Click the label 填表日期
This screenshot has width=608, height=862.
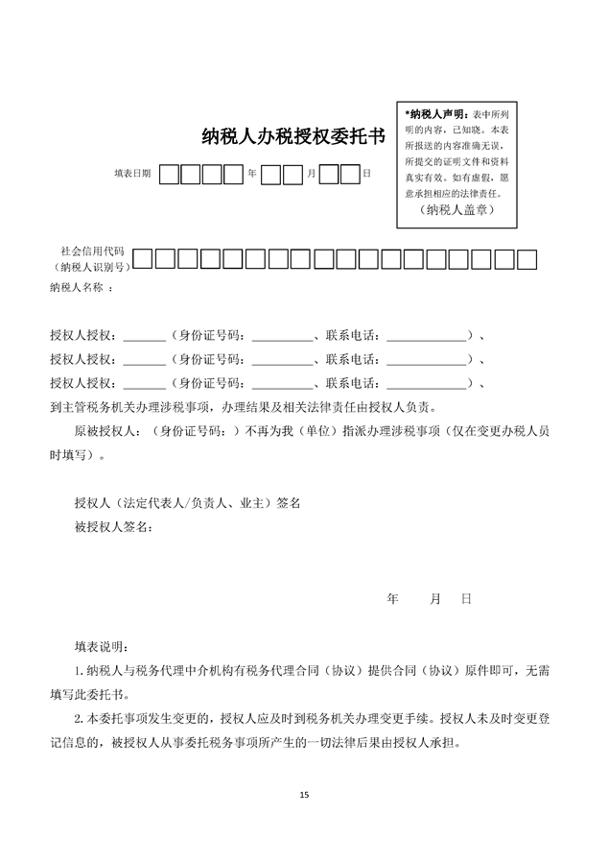[132, 174]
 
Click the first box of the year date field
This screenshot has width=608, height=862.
[169, 175]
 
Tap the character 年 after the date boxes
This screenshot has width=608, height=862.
[252, 175]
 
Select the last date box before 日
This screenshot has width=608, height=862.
[349, 175]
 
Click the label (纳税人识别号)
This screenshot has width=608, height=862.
[90, 267]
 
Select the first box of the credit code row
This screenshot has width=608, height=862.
[142, 258]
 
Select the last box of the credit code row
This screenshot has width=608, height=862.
[526, 258]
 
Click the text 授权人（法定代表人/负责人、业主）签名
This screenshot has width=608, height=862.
[188, 502]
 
